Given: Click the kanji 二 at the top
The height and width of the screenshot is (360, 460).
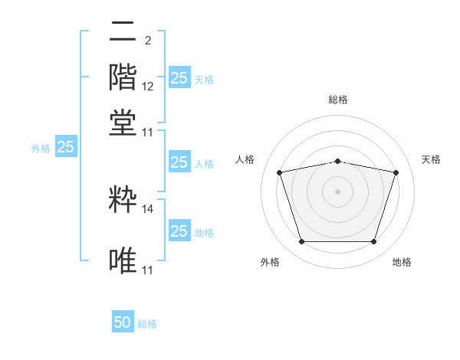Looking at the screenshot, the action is tap(123, 31).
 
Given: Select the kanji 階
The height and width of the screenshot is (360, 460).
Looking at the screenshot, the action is tap(123, 77).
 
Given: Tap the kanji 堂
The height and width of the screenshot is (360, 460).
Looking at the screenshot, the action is tap(123, 123).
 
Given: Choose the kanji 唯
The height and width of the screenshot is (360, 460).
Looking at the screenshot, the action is tap(123, 260).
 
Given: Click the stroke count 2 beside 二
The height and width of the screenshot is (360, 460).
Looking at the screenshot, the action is tap(148, 41).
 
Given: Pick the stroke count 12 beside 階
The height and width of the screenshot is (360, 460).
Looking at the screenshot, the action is tap(147, 87).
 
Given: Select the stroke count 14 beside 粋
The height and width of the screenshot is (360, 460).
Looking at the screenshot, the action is tap(147, 209).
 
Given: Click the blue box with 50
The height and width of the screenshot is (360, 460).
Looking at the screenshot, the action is tap(123, 321).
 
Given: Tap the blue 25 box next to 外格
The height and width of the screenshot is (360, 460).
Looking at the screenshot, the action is tap(66, 146).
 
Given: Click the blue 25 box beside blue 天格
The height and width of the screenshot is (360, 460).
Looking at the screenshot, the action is tap(179, 77).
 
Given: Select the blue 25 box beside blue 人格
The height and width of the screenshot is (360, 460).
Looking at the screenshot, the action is tap(179, 162).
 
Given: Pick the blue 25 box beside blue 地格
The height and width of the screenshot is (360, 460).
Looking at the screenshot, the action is tap(179, 230).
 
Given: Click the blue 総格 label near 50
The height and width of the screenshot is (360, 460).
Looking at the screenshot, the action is tap(147, 324).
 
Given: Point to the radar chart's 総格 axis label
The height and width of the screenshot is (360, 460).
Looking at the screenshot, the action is tap(338, 100).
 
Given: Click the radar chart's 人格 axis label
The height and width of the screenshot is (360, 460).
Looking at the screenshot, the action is tap(245, 159).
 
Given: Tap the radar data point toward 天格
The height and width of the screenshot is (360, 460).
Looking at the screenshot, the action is tap(396, 172).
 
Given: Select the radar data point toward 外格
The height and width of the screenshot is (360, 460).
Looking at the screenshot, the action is tap(302, 241).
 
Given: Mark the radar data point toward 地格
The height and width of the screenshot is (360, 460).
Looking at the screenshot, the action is tap(373, 241).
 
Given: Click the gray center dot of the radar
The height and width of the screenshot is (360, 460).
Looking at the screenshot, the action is tap(337, 191).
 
